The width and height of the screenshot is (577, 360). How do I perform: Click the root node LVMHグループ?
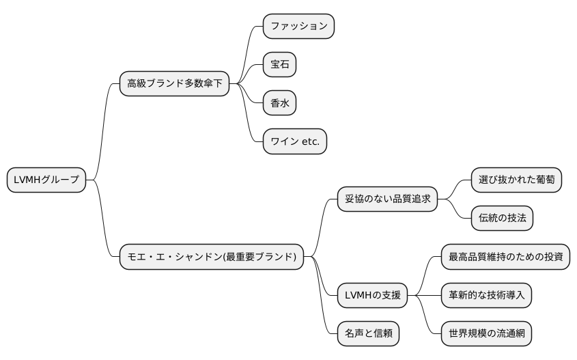(46, 180)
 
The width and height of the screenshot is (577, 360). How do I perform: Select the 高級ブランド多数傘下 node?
(174, 84)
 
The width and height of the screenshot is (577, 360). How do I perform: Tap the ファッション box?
(298, 26)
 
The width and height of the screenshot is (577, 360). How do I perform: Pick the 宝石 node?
(279, 65)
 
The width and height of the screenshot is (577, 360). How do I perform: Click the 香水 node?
(279, 103)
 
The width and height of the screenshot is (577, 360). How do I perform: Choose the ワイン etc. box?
(295, 141)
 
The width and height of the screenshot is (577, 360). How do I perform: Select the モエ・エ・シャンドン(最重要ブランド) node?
(212, 257)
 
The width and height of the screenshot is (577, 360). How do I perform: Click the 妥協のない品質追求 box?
(387, 199)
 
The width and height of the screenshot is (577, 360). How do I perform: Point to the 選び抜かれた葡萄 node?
(516, 180)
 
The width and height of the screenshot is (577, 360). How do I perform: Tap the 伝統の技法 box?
(502, 219)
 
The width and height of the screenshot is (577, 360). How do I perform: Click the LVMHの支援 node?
(372, 296)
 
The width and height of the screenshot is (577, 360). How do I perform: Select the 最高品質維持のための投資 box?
(505, 257)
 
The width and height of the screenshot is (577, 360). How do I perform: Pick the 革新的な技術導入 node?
(486, 296)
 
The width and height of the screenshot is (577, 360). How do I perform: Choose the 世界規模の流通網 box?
(486, 334)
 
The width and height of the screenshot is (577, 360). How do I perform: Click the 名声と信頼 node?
(368, 334)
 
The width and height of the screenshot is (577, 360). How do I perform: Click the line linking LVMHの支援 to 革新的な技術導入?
(424, 296)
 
